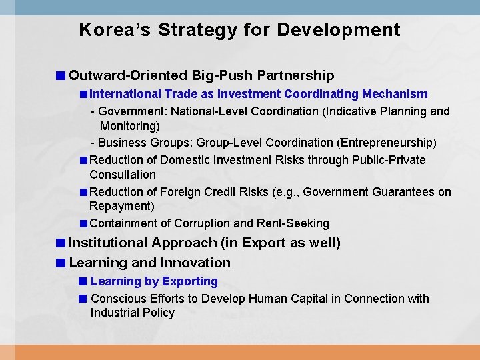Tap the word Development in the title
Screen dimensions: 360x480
click(339, 30)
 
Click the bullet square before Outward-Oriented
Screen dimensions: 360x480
click(61, 76)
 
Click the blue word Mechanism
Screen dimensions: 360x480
click(395, 94)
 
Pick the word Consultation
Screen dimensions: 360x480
click(123, 175)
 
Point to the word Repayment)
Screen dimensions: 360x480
click(122, 206)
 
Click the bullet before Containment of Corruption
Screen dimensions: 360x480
click(83, 223)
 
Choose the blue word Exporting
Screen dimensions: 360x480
click(190, 281)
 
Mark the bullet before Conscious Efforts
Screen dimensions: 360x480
click(83, 299)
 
